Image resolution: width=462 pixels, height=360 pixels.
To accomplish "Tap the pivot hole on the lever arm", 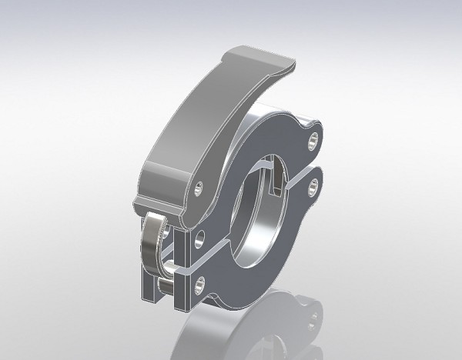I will tap(199, 188).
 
